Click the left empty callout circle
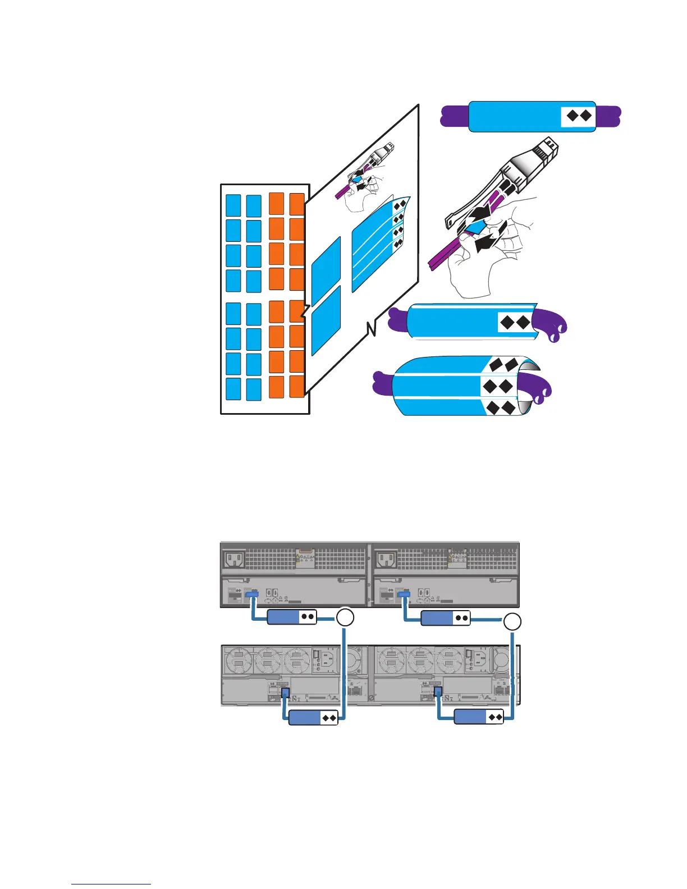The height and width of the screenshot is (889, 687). coord(345,618)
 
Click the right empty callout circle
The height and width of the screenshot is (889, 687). coord(512,621)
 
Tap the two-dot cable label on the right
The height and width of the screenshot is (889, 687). coord(445,618)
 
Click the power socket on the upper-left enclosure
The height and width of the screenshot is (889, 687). coord(234,560)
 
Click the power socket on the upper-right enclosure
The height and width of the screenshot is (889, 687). coord(387,560)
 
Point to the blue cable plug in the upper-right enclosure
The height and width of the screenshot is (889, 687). coord(404,593)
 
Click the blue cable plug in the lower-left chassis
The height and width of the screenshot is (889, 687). coord(285,693)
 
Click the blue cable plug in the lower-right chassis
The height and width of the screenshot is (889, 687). coord(438,692)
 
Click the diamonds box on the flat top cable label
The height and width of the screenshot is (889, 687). coord(578,116)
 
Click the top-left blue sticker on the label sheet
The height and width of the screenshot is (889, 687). coord(233,205)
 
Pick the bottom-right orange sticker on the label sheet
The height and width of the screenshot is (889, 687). coord(297,386)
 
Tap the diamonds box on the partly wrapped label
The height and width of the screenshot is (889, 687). coord(515,322)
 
